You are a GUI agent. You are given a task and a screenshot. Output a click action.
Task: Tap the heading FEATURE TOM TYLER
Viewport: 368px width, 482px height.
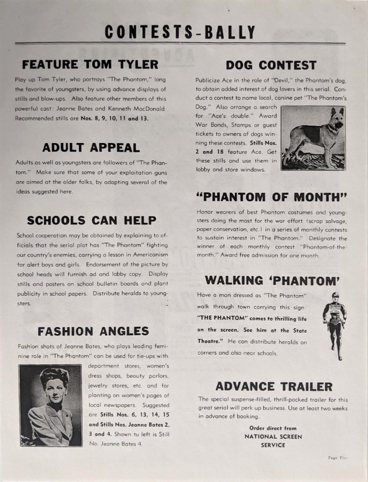pos(90,64)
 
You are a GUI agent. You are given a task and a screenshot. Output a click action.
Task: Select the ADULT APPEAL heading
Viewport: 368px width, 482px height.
pos(91,147)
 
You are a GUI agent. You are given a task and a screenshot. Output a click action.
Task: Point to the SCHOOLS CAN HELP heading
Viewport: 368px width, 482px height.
pos(92,220)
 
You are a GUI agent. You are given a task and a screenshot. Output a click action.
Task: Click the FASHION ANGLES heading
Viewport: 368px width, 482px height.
pos(93,331)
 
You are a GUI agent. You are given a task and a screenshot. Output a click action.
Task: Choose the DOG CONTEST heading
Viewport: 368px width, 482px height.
pos(271,65)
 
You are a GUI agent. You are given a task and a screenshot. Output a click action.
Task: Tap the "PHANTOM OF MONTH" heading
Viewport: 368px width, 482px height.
pos(272,196)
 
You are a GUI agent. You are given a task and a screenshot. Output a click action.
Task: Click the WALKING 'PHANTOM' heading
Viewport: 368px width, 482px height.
pos(272,280)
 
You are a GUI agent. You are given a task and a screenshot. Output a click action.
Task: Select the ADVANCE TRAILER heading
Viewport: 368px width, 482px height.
pos(273,386)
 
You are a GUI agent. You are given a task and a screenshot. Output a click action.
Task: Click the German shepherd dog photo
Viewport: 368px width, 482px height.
pos(313,137)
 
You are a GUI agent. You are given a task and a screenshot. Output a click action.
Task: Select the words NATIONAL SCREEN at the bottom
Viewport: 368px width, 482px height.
pos(273,436)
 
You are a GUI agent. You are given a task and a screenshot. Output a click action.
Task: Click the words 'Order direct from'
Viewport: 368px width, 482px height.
pos(273,428)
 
